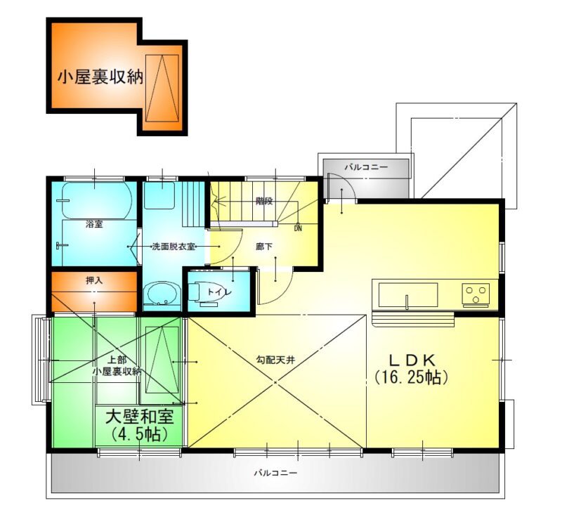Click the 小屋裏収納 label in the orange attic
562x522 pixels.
pos(100,77)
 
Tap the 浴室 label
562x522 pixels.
pos(94,224)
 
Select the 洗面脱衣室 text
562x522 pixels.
pos(174,247)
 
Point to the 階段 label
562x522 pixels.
pos(264,201)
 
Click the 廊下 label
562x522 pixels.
pos(264,247)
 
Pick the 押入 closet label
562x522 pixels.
pos(94,280)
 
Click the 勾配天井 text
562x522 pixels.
pos(275,360)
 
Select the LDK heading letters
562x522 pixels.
pos(412,360)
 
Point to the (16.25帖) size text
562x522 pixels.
pos(412,377)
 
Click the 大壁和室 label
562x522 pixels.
pos(139,417)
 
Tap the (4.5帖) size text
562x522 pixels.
pos(139,434)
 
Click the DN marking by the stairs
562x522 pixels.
pos(298,228)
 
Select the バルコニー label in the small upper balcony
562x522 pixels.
pos(366,167)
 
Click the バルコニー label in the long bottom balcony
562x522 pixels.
pos(275,473)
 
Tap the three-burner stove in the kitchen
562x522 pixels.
pos(476,294)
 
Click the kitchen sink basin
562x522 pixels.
pos(408,295)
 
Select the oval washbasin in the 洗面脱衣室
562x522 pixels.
pos(162,293)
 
